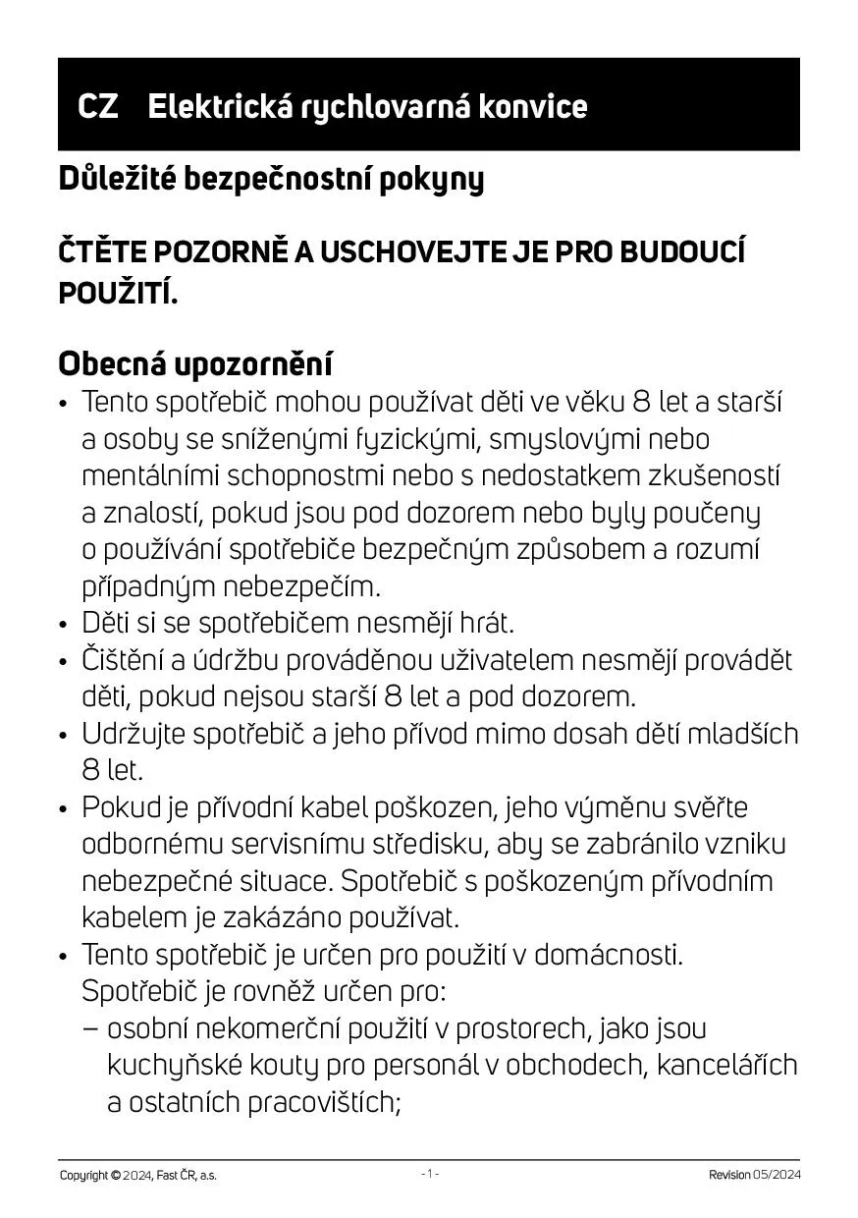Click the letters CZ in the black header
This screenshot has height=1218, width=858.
point(98,106)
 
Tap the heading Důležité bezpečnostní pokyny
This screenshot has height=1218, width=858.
point(271,180)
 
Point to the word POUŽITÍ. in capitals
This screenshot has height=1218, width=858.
point(118,292)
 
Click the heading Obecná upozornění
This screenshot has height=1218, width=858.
point(195,363)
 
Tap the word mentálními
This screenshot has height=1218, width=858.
point(150,476)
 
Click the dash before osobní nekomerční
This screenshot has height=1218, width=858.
point(90,1029)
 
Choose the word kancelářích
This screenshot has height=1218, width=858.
point(725,1066)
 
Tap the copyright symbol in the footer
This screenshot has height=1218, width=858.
point(116,1176)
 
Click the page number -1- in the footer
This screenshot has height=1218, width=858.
point(430,1174)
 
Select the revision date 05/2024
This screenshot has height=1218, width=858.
point(778,1176)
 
